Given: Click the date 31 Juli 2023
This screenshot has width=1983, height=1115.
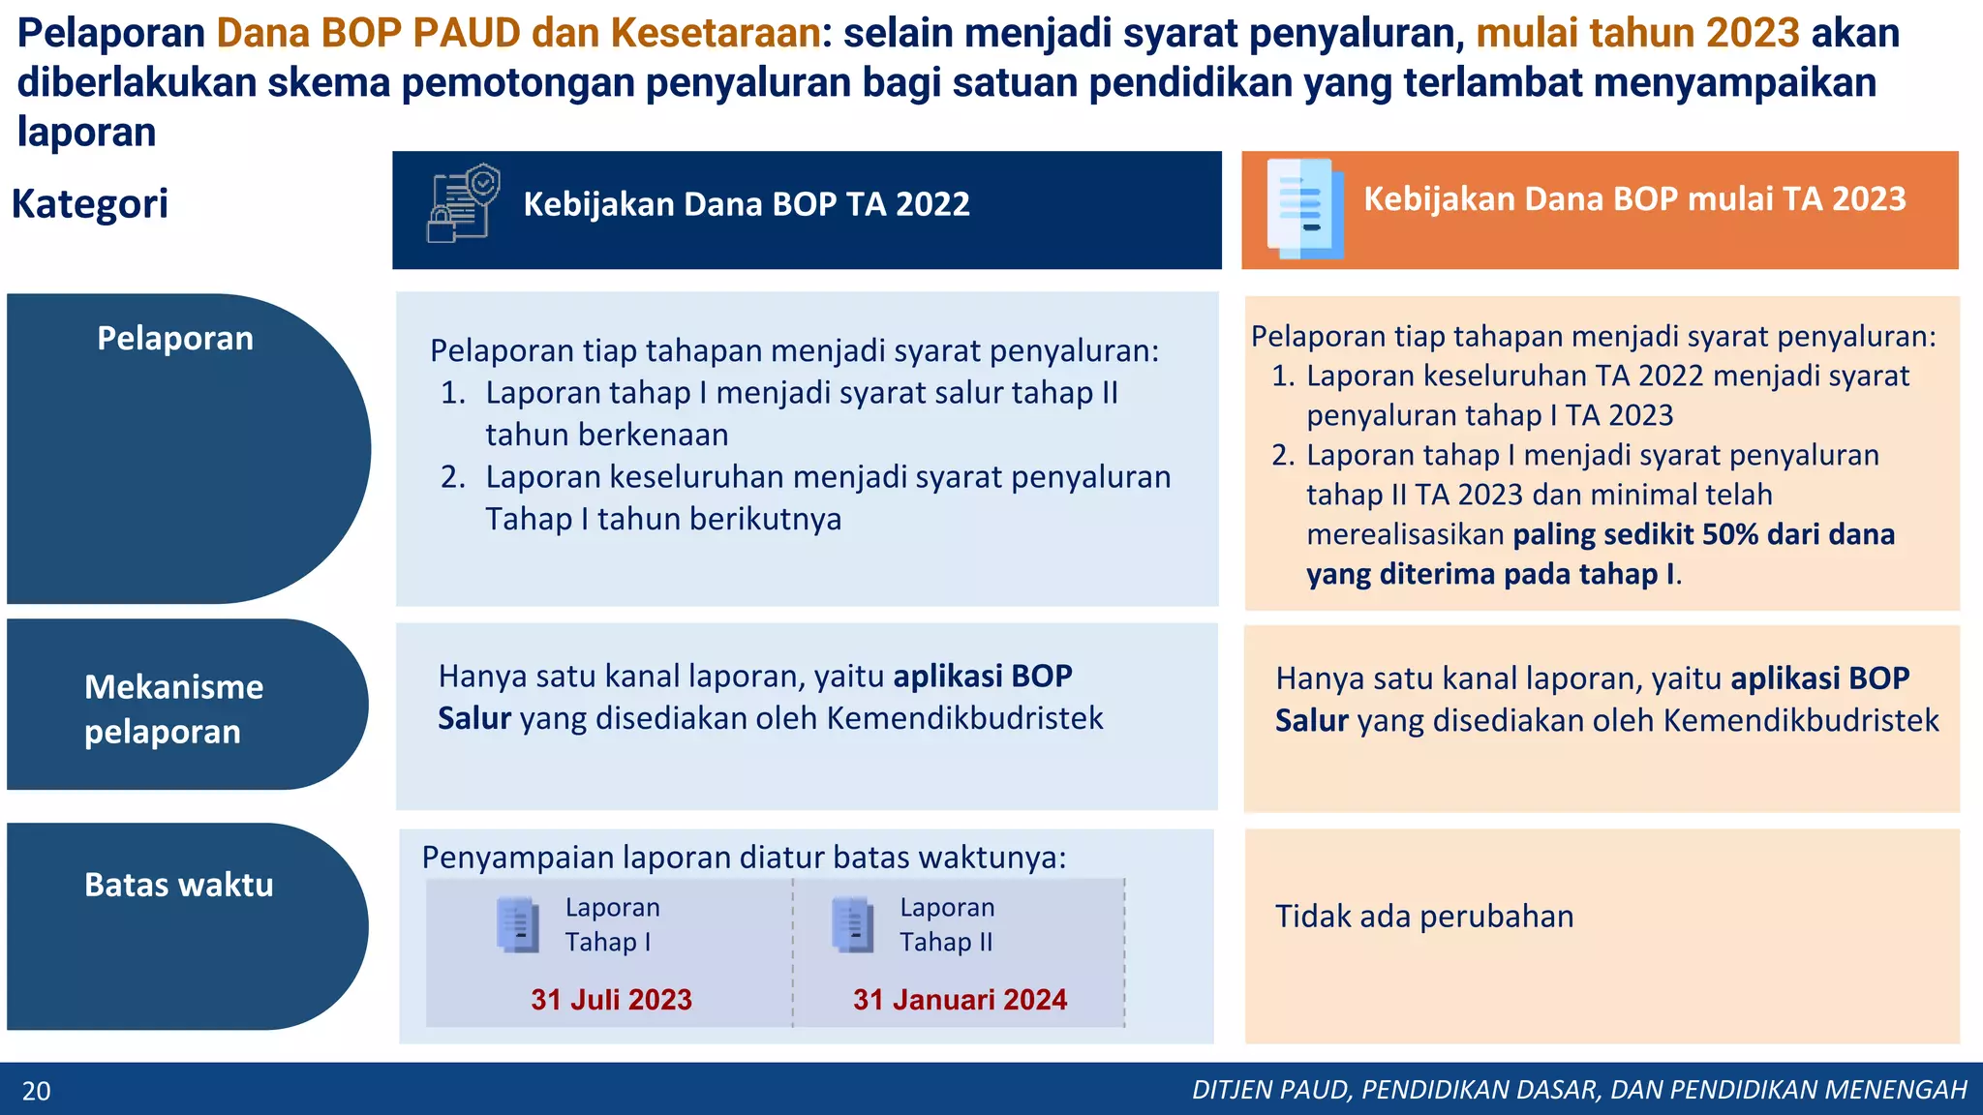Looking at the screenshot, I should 611,999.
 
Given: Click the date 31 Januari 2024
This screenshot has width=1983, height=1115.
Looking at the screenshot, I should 960,999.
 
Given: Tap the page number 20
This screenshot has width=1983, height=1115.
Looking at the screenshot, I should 36,1091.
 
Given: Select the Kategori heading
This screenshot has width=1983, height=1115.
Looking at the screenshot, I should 90,203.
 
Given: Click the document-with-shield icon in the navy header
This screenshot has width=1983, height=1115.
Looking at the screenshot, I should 463,203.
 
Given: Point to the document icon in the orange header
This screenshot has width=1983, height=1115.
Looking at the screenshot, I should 1304,209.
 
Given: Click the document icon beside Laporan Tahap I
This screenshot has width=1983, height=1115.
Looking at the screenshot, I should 517,924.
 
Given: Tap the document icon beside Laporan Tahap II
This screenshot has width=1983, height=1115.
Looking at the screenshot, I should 852,924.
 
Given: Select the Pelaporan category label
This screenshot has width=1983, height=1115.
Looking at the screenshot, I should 175,339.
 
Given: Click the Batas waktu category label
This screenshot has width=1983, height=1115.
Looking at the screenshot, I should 178,885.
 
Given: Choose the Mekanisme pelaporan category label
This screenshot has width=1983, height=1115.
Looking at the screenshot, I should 173,708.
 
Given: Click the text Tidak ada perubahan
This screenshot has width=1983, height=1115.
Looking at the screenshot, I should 1423,916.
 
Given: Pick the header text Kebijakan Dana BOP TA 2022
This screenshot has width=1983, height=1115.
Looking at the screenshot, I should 746,204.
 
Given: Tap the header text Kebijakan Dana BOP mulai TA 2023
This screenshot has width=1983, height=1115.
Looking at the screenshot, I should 1634,198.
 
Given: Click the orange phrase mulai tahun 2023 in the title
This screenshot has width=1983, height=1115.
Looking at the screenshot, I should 1637,33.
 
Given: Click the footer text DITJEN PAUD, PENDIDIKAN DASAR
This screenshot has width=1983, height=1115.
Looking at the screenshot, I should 1578,1090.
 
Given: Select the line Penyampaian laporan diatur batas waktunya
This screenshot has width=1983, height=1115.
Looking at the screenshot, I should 744,858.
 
